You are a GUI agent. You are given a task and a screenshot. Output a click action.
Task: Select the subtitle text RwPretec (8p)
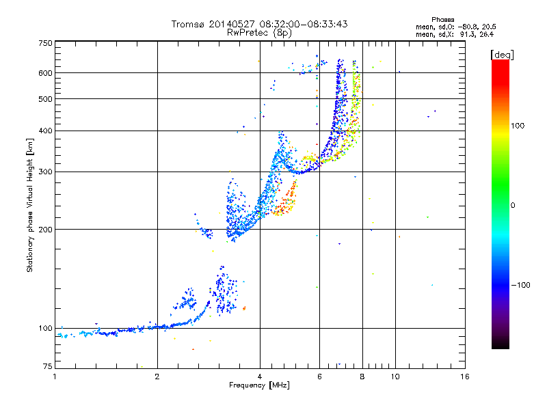(259, 33)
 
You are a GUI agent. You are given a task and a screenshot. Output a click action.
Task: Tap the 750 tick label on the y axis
(46, 43)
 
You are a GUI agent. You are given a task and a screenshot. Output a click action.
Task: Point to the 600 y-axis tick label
(46, 73)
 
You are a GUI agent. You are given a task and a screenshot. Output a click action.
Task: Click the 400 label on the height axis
(46, 131)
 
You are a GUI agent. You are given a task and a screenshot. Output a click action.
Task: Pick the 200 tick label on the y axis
(46, 230)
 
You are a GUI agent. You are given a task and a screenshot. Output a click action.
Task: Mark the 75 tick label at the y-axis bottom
(48, 366)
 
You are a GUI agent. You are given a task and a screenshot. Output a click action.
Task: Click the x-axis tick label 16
(465, 377)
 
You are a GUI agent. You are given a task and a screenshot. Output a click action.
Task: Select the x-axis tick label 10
(395, 377)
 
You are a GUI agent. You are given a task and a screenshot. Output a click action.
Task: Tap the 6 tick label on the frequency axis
(319, 377)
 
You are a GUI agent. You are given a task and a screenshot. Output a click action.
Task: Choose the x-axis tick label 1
(55, 377)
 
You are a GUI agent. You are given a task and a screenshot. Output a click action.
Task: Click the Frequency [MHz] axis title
(259, 385)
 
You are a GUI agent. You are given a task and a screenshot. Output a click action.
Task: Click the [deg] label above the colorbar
(502, 55)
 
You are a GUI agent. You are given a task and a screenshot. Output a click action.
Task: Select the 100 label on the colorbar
(518, 126)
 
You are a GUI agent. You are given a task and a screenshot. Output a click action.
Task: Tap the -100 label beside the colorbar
(521, 285)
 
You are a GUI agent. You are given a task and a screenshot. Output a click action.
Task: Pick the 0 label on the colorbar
(513, 206)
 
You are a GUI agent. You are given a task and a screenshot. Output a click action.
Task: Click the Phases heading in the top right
(442, 20)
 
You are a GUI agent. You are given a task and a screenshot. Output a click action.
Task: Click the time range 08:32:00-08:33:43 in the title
(304, 24)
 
